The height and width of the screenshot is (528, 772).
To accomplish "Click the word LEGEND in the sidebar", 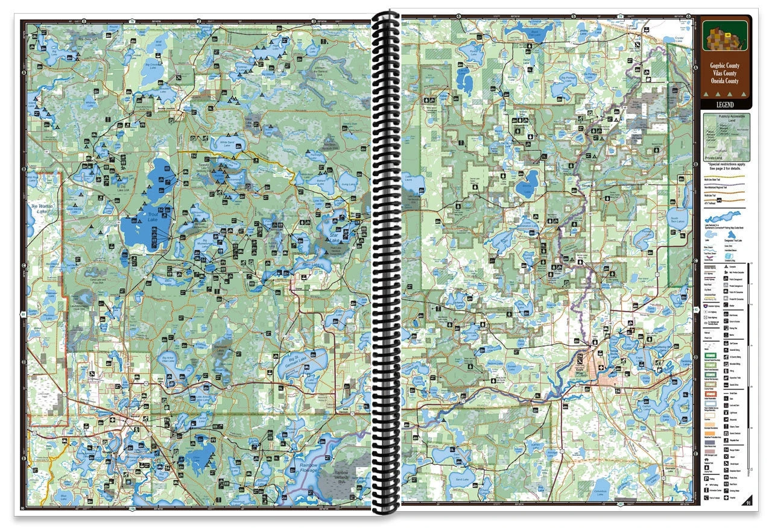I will [x=725, y=105].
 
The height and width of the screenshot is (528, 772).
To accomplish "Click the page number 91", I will [x=748, y=502].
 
